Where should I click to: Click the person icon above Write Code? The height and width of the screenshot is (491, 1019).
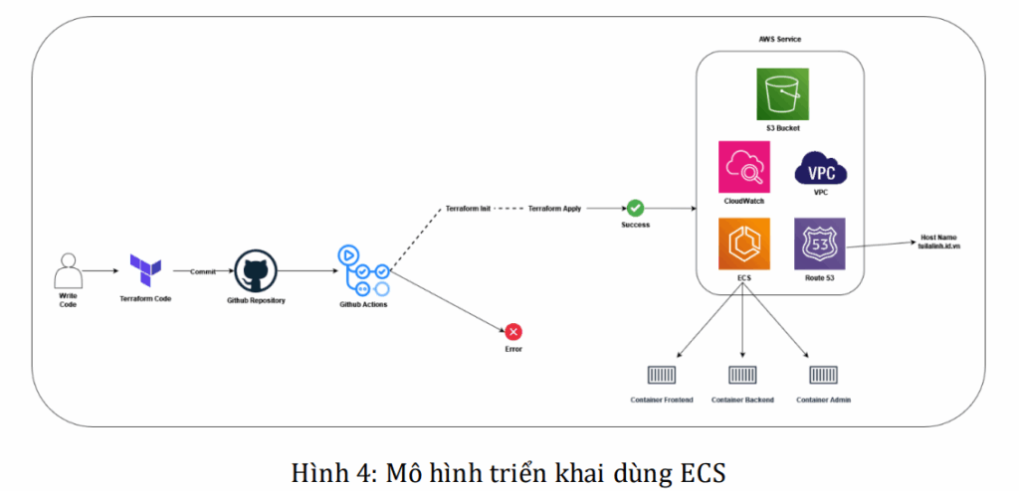click(x=68, y=269)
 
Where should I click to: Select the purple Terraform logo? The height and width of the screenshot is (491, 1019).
click(x=145, y=267)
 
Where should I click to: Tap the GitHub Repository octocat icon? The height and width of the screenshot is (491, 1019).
click(x=256, y=269)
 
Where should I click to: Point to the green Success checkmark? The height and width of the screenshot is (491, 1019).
click(x=635, y=208)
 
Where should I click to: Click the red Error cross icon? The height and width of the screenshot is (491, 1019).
click(x=513, y=332)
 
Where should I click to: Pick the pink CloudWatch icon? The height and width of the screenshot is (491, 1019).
click(x=744, y=167)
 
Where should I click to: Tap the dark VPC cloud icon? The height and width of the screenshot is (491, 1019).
click(x=821, y=168)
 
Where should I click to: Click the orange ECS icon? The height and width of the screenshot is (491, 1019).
click(x=744, y=244)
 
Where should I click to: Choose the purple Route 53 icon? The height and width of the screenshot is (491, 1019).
click(x=820, y=244)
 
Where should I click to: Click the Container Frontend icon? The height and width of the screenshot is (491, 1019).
click(x=662, y=375)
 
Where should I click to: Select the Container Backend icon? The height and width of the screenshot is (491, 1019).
click(x=742, y=375)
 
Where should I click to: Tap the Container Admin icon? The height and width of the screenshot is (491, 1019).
click(x=823, y=375)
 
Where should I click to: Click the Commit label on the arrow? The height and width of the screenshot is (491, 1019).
click(x=204, y=270)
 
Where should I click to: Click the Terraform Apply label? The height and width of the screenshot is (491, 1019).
click(x=554, y=209)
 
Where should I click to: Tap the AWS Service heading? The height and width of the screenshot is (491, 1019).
click(x=779, y=39)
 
